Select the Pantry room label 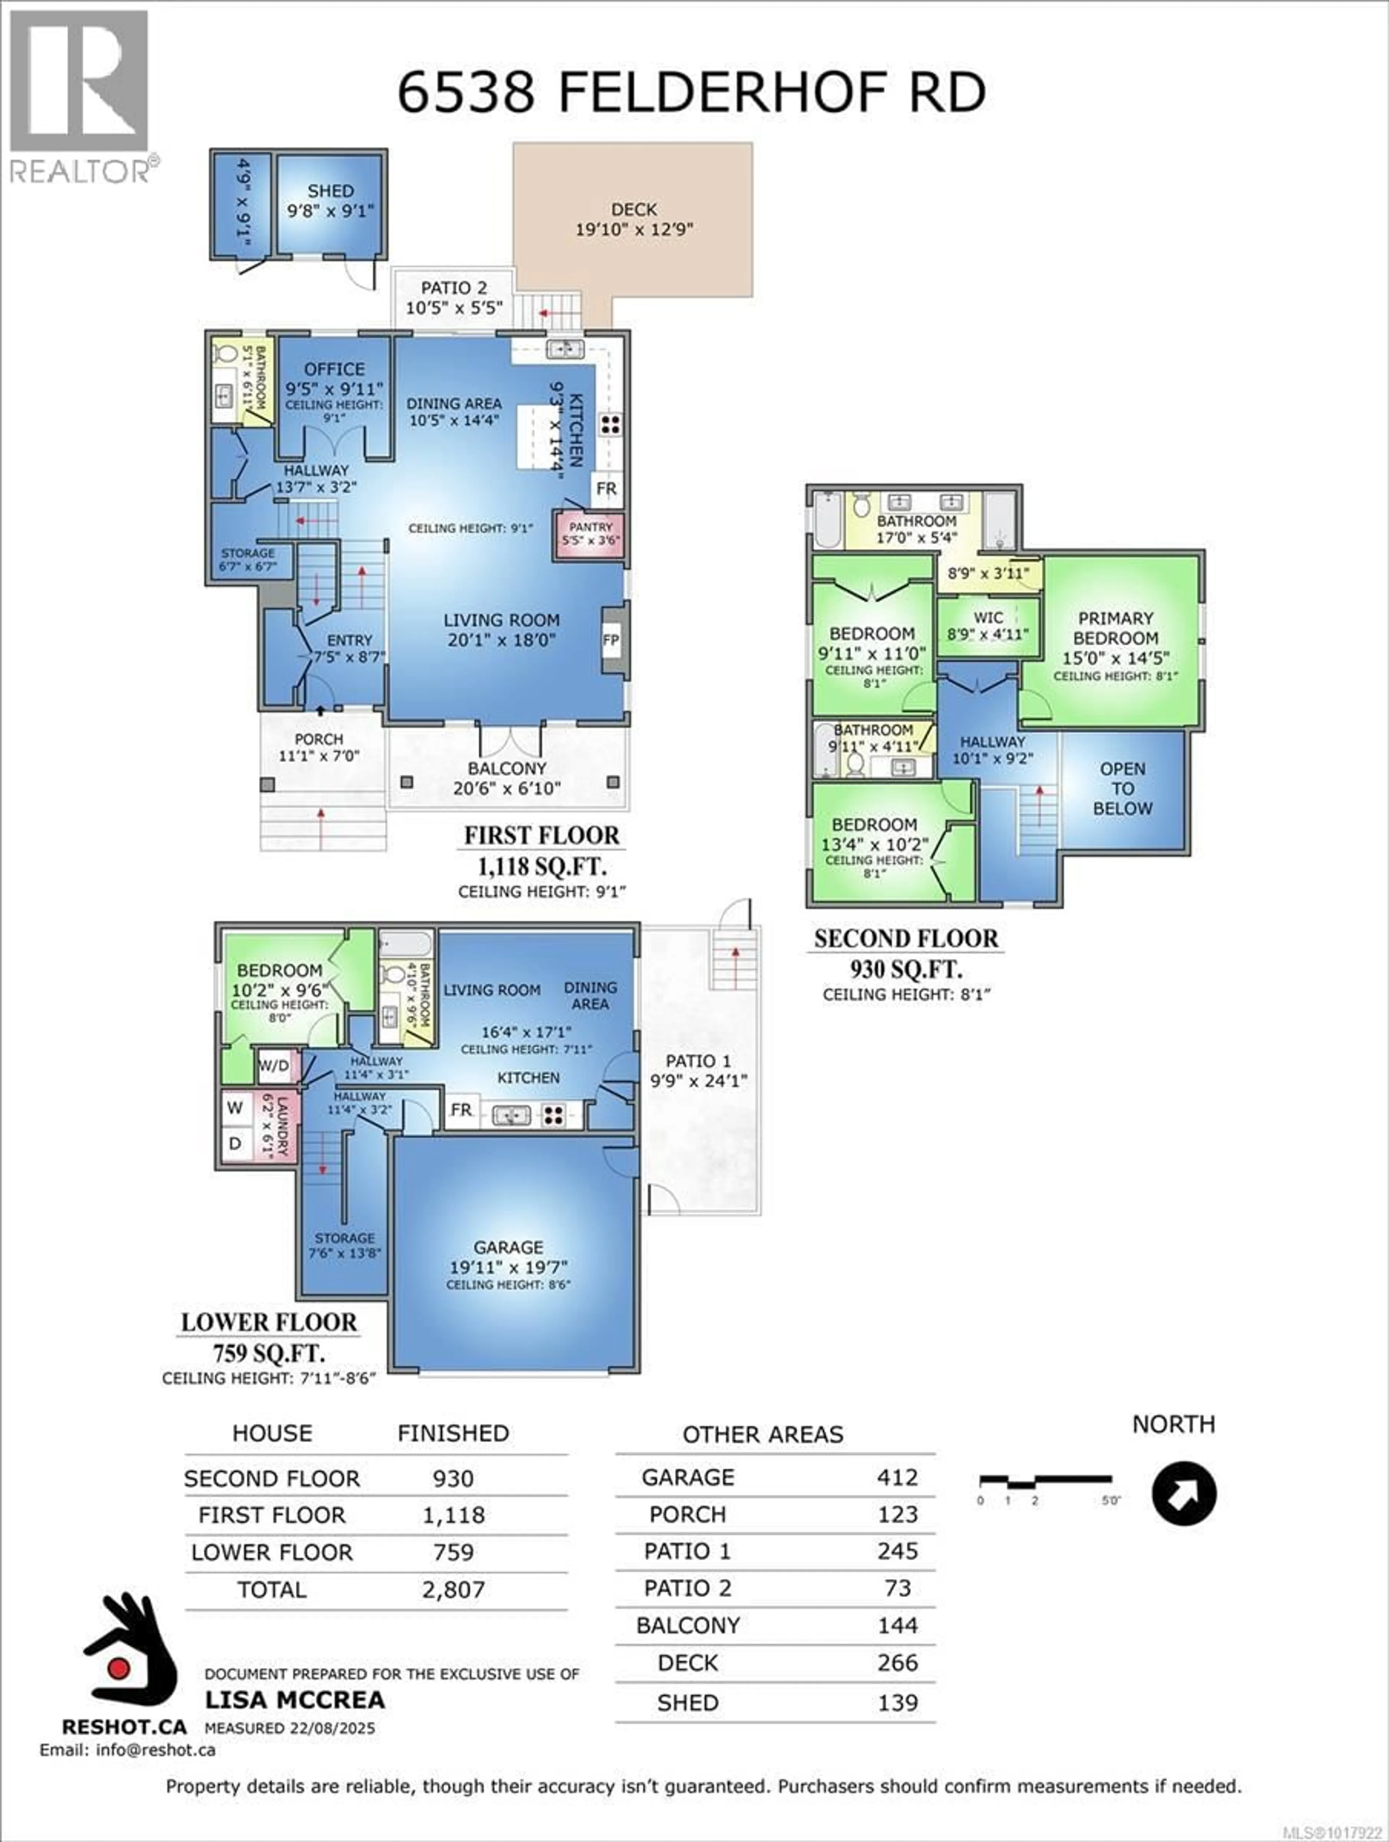pyautogui.click(x=590, y=527)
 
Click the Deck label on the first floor pyautogui.click(x=634, y=210)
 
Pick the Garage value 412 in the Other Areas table pyautogui.click(x=897, y=1477)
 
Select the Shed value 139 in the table pyautogui.click(x=897, y=1703)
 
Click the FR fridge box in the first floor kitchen pyautogui.click(x=606, y=489)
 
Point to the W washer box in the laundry pyautogui.click(x=235, y=1108)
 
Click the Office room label pyautogui.click(x=334, y=369)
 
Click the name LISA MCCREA pyautogui.click(x=295, y=1699)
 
